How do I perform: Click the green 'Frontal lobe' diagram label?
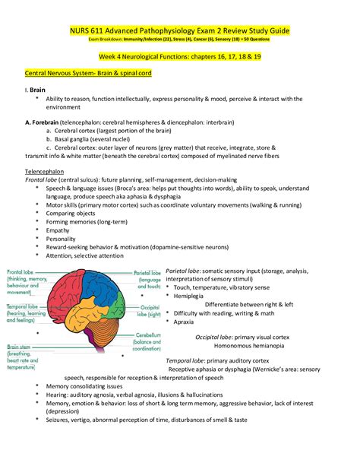click(24, 271)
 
